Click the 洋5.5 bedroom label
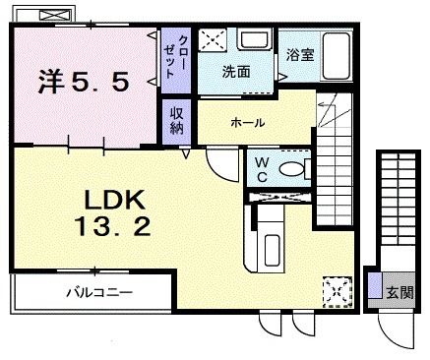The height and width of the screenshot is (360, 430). click(x=84, y=82)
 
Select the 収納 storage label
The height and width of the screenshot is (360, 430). click(x=176, y=120)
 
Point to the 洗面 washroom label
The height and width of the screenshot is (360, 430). click(x=235, y=72)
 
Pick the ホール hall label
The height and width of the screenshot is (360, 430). click(x=247, y=123)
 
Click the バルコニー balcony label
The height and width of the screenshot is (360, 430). click(x=98, y=292)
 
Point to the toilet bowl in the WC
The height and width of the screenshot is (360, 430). click(x=291, y=168)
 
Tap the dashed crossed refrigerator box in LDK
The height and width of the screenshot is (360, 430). click(x=336, y=290)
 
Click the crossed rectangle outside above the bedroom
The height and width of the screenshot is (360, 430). click(x=46, y=14)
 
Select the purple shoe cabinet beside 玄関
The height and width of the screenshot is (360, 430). click(x=374, y=288)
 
